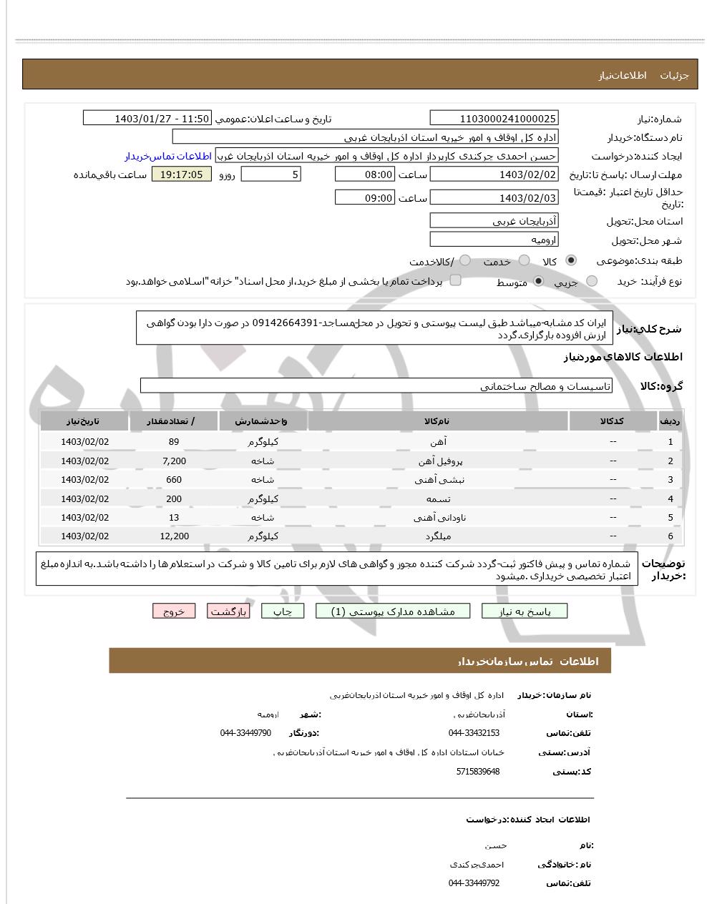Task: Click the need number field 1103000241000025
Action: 494,119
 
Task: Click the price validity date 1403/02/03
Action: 494,198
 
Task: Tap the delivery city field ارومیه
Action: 494,240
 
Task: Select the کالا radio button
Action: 571,261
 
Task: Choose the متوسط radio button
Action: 539,282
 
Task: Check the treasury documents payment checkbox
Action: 455,280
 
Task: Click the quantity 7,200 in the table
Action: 174,461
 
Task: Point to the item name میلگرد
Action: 437,536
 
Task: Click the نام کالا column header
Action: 437,421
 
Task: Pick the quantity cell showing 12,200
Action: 174,536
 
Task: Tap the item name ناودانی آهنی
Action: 437,518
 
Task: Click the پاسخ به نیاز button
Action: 525,611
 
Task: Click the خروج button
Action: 174,611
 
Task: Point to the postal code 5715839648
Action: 477,772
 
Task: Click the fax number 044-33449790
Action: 245,733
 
